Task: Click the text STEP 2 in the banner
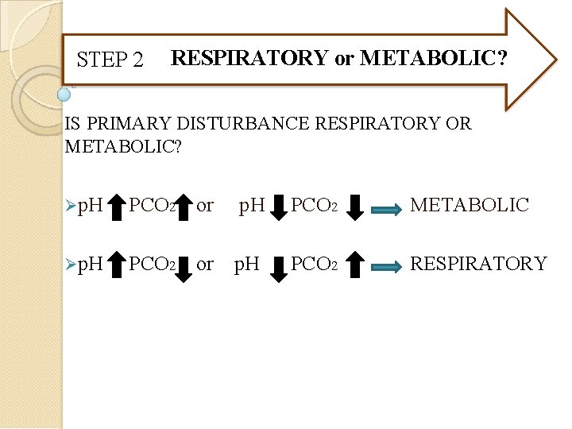(x=110, y=60)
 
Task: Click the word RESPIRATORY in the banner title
(x=250, y=58)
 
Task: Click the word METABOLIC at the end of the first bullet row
(x=469, y=205)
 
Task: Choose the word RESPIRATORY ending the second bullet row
(x=478, y=263)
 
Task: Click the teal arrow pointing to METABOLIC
(x=387, y=209)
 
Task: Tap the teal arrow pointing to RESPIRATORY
(x=387, y=267)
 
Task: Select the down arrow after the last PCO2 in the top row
(x=355, y=207)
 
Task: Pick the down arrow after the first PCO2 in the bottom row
(x=183, y=267)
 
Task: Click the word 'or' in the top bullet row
(x=205, y=205)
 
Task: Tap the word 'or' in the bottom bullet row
(x=205, y=263)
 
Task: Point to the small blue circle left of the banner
(x=64, y=95)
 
